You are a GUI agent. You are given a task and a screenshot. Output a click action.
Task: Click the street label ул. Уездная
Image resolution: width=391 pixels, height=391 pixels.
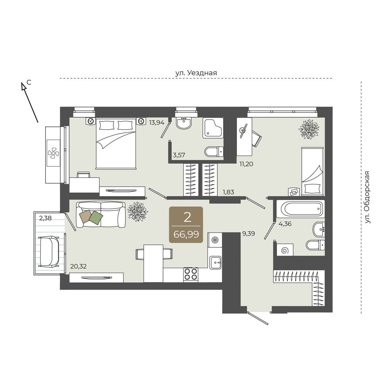(196, 73)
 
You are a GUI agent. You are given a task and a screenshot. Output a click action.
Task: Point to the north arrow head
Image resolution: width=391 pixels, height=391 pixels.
(24, 86)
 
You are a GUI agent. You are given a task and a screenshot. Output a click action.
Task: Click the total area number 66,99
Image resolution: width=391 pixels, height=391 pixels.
(186, 235)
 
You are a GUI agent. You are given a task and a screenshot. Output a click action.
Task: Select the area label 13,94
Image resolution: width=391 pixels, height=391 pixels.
(157, 123)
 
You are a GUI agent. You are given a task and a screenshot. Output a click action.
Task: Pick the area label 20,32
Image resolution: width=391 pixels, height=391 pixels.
(78, 266)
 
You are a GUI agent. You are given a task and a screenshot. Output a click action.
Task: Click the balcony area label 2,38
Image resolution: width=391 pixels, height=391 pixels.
(45, 218)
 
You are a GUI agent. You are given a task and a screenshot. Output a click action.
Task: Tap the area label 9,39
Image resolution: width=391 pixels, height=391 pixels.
(249, 234)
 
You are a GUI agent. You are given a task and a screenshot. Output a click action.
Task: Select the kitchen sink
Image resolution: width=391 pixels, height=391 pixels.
(215, 262)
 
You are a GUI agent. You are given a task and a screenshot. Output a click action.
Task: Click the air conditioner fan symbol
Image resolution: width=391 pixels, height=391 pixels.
(53, 153)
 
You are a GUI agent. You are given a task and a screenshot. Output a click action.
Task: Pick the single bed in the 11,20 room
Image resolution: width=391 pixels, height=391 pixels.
(312, 172)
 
